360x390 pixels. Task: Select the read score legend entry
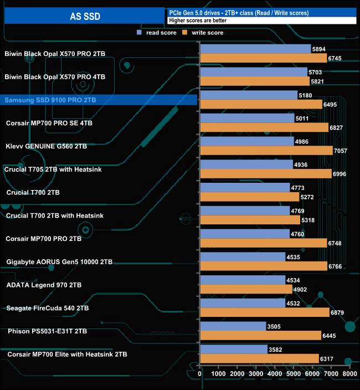tap(157, 33)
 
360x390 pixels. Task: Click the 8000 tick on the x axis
tap(349, 374)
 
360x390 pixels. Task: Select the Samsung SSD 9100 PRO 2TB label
tap(50, 100)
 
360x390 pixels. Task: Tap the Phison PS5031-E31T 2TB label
tap(48, 331)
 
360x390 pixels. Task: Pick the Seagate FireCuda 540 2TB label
tap(48, 307)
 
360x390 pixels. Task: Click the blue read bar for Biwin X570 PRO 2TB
tap(255, 49)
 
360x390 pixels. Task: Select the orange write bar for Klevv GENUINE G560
tap(266, 151)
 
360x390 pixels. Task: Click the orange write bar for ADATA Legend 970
tap(246, 289)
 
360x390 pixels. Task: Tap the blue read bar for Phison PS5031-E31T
tap(233, 326)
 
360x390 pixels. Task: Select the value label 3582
tap(275, 349)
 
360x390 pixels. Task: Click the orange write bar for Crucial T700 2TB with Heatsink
tap(250, 220)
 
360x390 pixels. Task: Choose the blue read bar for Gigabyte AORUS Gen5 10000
tap(243, 257)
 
